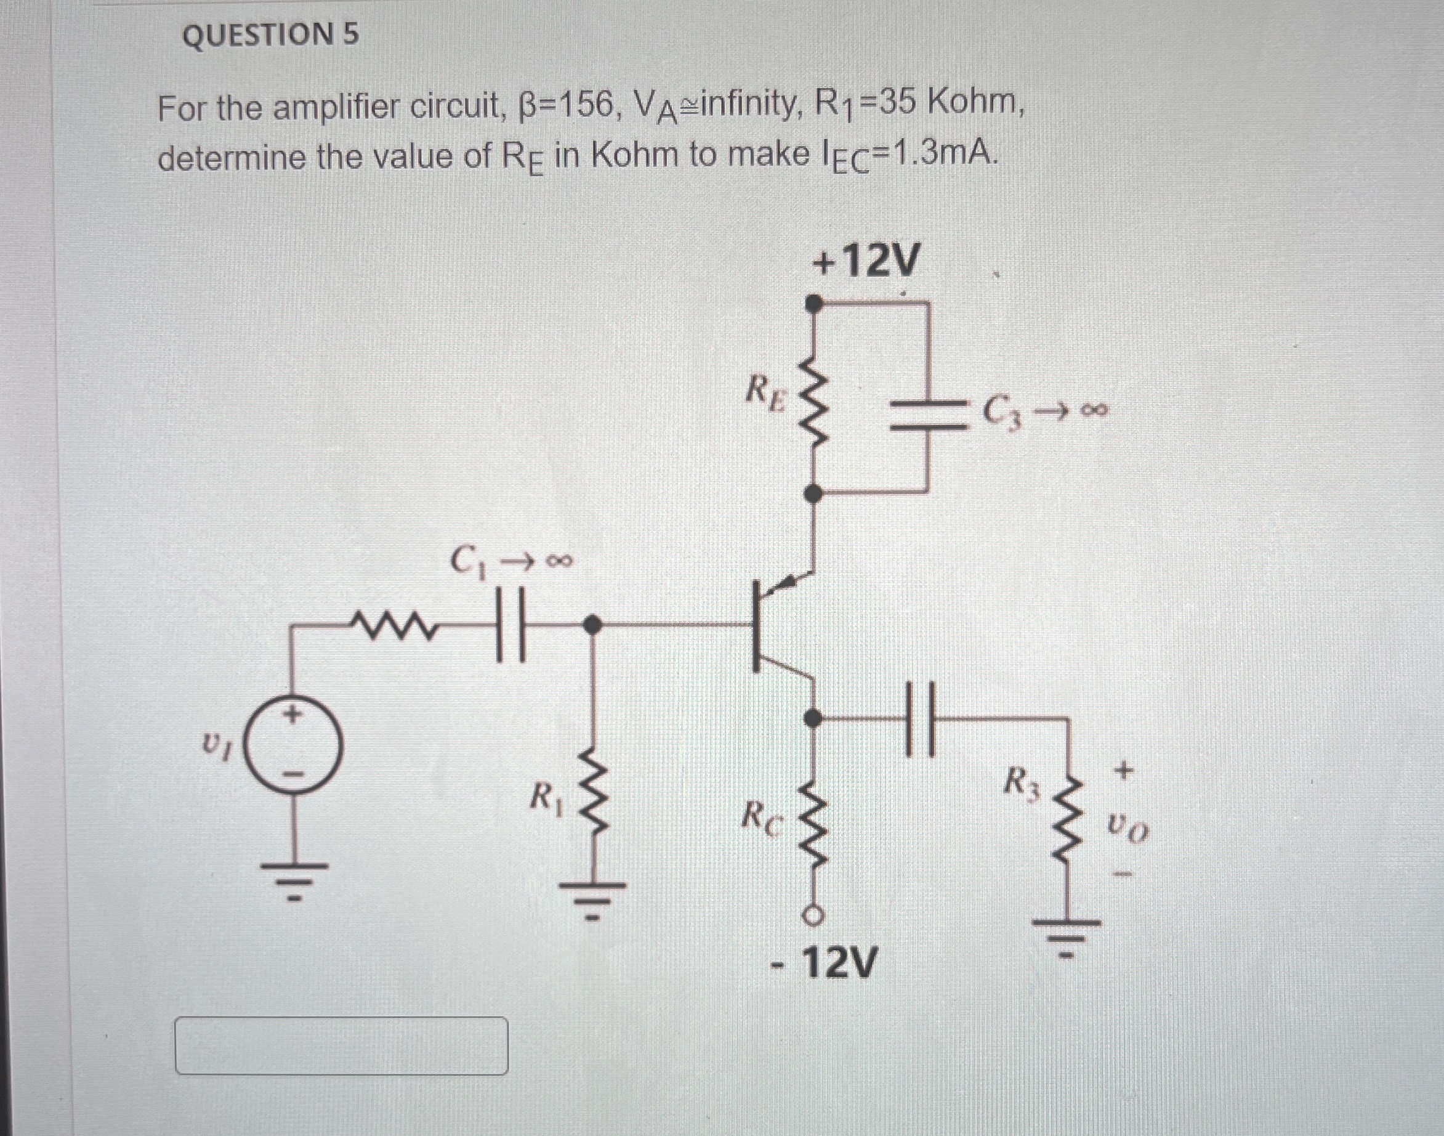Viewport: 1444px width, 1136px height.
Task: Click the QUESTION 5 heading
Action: click(270, 34)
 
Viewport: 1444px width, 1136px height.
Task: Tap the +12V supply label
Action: click(865, 261)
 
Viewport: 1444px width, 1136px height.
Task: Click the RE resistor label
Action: click(767, 392)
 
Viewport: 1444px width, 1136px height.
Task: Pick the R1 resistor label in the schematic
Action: click(547, 797)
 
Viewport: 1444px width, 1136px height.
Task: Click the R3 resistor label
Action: click(1020, 783)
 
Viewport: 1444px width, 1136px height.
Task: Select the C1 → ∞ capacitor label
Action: click(510, 561)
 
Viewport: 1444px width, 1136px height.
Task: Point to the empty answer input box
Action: click(341, 1045)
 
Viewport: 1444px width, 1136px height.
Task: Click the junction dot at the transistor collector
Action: click(812, 718)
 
